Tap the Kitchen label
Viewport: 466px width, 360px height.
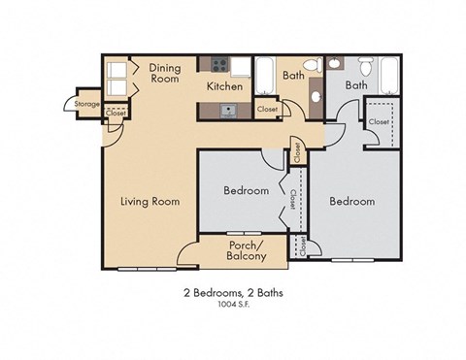coord(223,85)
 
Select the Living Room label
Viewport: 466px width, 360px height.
coord(150,202)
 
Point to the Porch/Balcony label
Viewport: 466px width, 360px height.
coord(247,250)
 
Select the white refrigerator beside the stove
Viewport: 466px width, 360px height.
coord(239,66)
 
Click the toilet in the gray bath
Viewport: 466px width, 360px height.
coord(365,67)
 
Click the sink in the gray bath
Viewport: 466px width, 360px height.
coord(333,64)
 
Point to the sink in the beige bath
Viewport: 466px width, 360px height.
coord(316,99)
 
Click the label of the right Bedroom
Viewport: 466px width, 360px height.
coord(351,201)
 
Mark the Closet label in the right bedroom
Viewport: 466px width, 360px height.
coord(380,122)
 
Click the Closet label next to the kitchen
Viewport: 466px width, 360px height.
coord(268,110)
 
